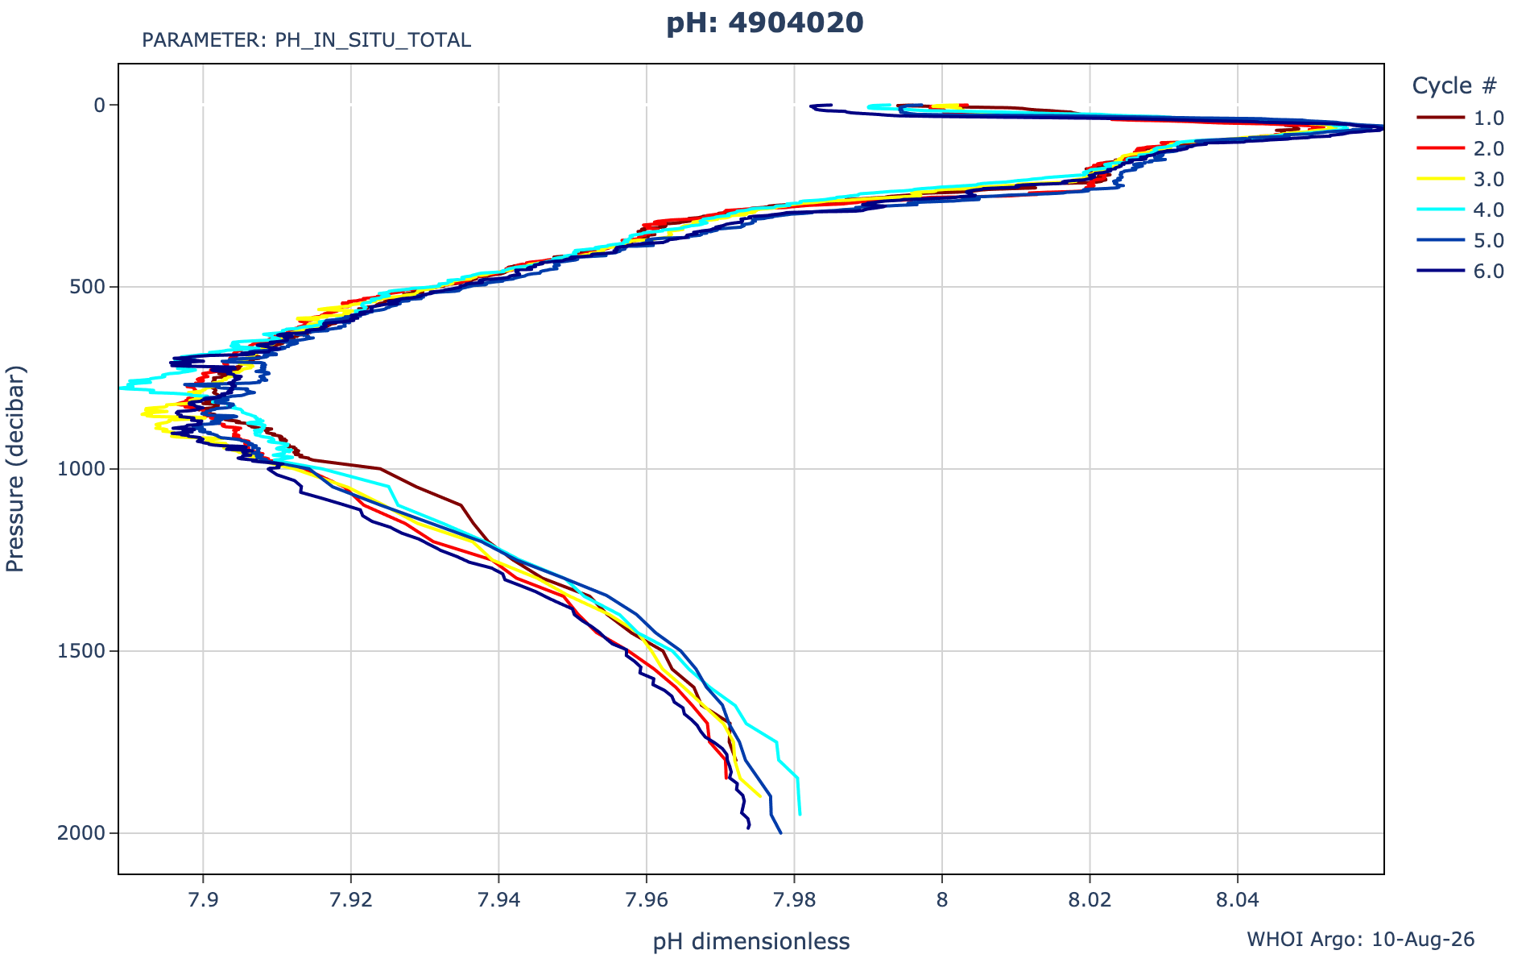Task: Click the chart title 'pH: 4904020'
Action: click(764, 23)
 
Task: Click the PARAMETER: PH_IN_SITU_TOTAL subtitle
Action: click(306, 40)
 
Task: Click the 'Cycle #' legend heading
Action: click(1455, 85)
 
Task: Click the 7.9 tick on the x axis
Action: click(203, 900)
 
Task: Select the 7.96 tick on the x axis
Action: click(647, 900)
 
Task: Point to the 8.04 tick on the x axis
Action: click(1238, 900)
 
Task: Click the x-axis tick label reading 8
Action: click(942, 900)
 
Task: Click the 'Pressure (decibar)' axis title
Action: click(15, 469)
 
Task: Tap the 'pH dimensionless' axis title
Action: click(751, 941)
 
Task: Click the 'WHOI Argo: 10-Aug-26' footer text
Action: click(1361, 940)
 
